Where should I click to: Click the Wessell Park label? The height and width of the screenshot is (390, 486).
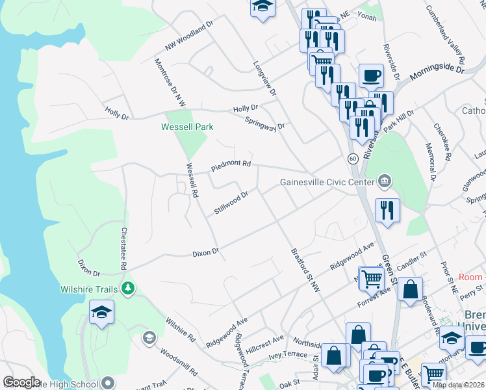click(x=187, y=127)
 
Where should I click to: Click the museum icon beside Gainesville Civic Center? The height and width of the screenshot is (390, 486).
click(x=384, y=180)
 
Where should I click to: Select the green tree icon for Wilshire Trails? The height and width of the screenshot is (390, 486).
click(x=128, y=288)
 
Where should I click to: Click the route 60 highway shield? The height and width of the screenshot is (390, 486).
click(x=352, y=158)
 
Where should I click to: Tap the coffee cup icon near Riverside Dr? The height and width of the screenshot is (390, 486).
click(x=371, y=75)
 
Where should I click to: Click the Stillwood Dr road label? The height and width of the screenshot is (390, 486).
click(x=231, y=202)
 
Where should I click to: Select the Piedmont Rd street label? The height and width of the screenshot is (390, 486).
click(x=231, y=165)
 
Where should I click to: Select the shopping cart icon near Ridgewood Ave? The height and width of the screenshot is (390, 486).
click(x=371, y=278)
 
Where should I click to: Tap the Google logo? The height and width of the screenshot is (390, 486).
click(x=21, y=382)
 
